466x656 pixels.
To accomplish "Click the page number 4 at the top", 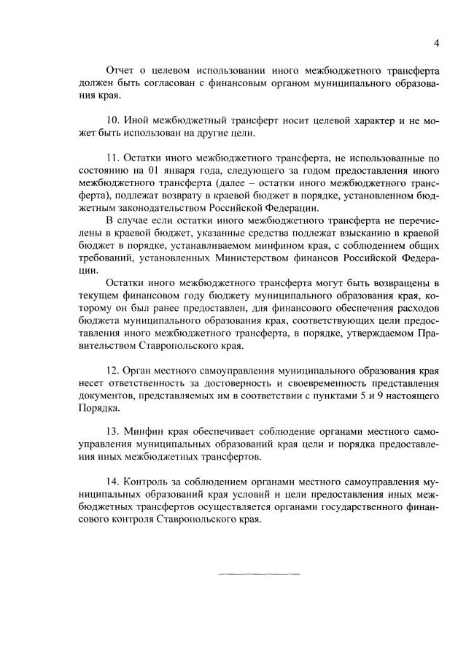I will point(436,43).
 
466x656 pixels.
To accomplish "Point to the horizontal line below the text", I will point(259,574).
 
